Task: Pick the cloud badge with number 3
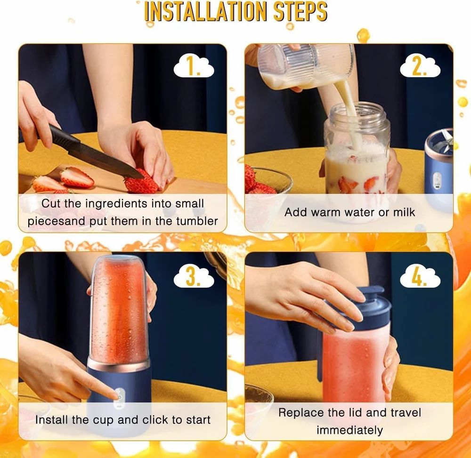194,277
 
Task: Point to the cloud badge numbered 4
420,277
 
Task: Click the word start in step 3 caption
195,419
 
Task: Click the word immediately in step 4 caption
349,430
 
